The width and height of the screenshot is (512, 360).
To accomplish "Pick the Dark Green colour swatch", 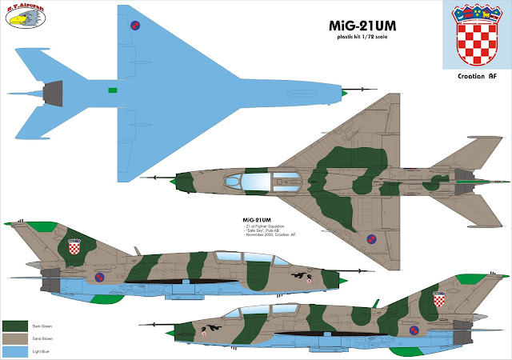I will click(x=15, y=325).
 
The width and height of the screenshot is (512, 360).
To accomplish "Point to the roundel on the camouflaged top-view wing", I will click(x=370, y=238).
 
